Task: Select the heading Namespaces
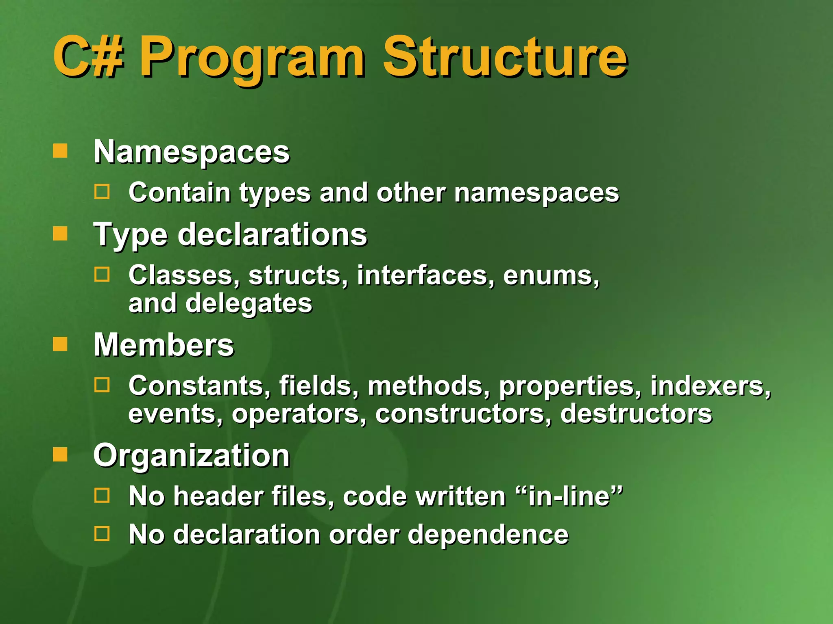192,152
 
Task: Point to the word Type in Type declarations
131,235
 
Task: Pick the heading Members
164,345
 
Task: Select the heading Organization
192,456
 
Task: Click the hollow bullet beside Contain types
102,192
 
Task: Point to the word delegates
249,303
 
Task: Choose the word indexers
710,386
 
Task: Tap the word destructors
636,414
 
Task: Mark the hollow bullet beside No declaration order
102,533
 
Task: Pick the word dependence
488,534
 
